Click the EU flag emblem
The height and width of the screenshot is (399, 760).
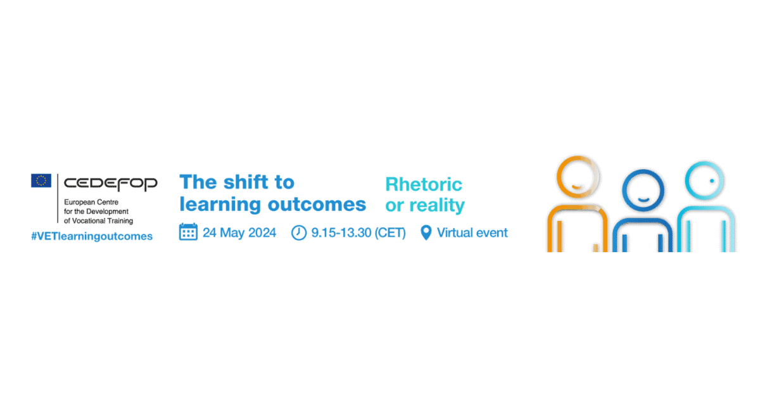(41, 180)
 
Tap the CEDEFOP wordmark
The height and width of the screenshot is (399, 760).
(111, 184)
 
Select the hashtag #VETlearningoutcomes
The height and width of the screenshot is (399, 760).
(92, 236)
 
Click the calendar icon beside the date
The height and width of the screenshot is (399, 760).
(188, 232)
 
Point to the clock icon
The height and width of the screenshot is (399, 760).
(299, 233)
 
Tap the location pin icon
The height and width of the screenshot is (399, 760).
(426, 233)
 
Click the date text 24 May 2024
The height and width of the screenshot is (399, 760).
(239, 233)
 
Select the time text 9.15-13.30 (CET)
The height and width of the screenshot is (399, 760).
(358, 233)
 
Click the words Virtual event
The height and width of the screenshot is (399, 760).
(472, 233)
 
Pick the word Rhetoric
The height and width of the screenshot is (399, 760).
(424, 184)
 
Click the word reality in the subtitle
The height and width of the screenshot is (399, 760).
(437, 206)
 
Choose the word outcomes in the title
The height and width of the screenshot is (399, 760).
(317, 205)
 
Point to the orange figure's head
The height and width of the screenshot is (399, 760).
(578, 177)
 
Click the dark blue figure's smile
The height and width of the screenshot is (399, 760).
(643, 199)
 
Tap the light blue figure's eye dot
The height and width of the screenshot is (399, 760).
(712, 181)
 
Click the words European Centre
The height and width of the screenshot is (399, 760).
(91, 202)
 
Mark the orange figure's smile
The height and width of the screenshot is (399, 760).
(577, 186)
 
